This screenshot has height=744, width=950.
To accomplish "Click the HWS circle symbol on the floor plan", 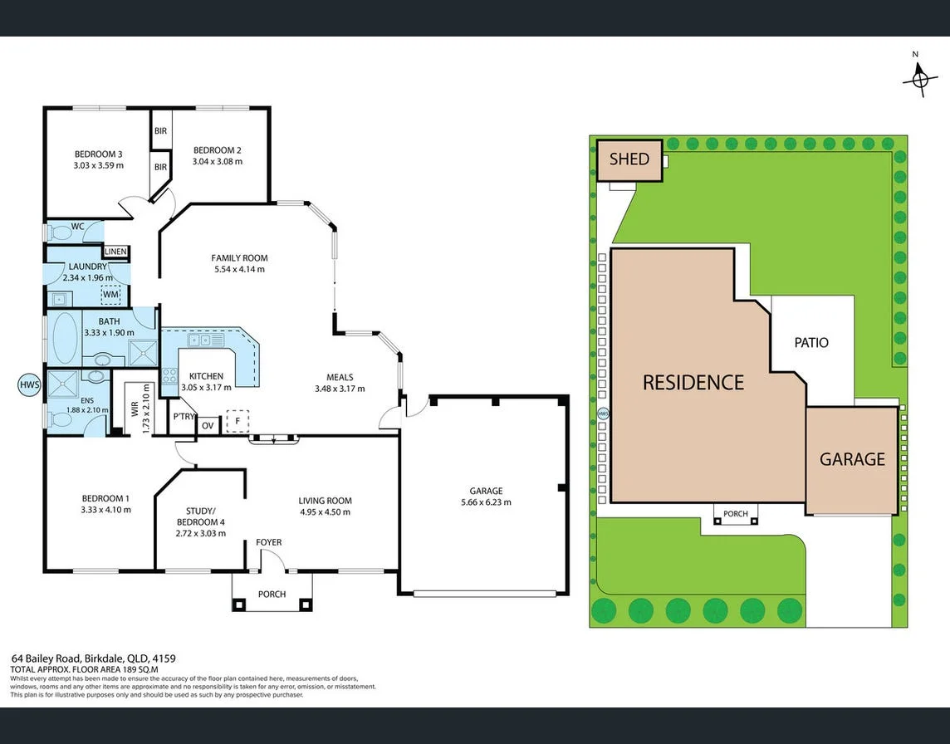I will (29, 385).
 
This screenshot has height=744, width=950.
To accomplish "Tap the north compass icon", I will (919, 79).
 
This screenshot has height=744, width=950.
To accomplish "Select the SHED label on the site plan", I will (629, 159).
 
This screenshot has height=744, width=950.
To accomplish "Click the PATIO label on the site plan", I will (810, 342).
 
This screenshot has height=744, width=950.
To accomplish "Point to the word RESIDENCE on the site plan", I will (693, 382).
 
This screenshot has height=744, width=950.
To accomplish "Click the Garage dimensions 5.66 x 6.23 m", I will (486, 502).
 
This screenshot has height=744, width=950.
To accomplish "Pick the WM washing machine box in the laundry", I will (110, 294).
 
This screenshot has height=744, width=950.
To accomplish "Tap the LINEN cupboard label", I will (115, 252).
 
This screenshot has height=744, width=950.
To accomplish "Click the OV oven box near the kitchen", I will (208, 426).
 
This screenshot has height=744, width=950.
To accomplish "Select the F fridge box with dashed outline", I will (237, 422).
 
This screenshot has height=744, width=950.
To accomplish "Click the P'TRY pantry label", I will (183, 417).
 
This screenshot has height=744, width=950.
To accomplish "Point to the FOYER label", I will (268, 542).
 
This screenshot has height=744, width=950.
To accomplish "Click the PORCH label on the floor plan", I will (272, 594).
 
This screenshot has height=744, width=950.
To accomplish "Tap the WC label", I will (77, 226).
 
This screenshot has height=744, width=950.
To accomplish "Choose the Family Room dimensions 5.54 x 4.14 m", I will (239, 269).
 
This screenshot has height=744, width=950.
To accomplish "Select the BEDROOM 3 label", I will (98, 154).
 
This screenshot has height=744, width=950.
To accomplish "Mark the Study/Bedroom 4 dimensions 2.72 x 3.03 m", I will (200, 533).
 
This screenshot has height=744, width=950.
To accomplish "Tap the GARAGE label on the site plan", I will (852, 459).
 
